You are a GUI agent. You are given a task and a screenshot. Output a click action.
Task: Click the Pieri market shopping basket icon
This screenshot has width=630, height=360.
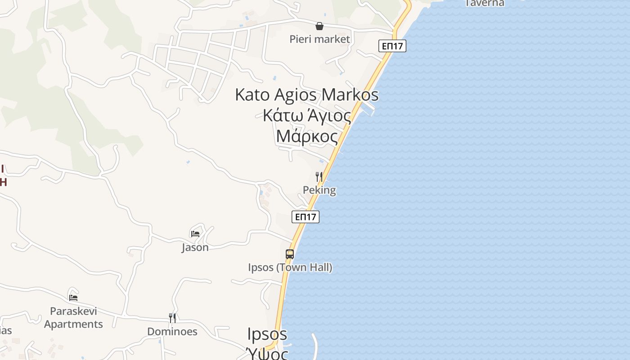[x=319, y=26]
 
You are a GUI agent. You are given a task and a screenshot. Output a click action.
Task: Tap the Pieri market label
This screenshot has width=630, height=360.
[x=319, y=39]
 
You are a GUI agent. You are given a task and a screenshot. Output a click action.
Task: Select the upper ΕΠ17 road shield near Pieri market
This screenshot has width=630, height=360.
[x=392, y=46]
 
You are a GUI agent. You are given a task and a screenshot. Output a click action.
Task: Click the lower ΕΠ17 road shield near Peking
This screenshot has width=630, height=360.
[x=306, y=217]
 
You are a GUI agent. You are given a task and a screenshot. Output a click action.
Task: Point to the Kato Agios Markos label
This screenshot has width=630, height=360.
[x=306, y=95]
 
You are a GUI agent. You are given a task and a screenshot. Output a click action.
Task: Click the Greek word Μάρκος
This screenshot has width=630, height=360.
[x=307, y=135]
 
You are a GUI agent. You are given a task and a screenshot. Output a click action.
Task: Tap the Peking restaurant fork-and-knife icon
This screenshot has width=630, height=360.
[x=319, y=176]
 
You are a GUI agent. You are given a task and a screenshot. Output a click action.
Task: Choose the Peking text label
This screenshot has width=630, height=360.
[x=319, y=190]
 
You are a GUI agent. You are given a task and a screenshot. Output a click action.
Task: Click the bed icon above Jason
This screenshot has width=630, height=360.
[x=195, y=234]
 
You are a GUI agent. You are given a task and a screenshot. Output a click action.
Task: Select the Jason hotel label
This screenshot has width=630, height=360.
[x=195, y=247]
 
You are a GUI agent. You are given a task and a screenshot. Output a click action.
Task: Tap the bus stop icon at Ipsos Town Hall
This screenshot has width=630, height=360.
[x=290, y=254]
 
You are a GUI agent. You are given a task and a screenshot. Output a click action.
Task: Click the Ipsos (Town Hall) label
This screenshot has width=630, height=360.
[x=290, y=267]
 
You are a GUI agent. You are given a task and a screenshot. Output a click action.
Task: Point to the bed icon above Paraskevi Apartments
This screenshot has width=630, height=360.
[x=73, y=297]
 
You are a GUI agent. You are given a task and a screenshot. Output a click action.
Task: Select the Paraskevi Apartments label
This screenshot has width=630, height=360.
[x=73, y=317]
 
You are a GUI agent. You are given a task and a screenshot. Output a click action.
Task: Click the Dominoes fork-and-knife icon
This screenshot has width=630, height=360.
[x=172, y=318]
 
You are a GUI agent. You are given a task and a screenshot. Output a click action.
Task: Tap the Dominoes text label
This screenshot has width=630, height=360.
[x=172, y=332]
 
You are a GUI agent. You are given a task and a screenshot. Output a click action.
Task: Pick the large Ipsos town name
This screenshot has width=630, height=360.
[x=267, y=334]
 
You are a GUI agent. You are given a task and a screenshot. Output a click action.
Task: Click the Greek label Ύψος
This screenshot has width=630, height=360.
[x=267, y=353]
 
